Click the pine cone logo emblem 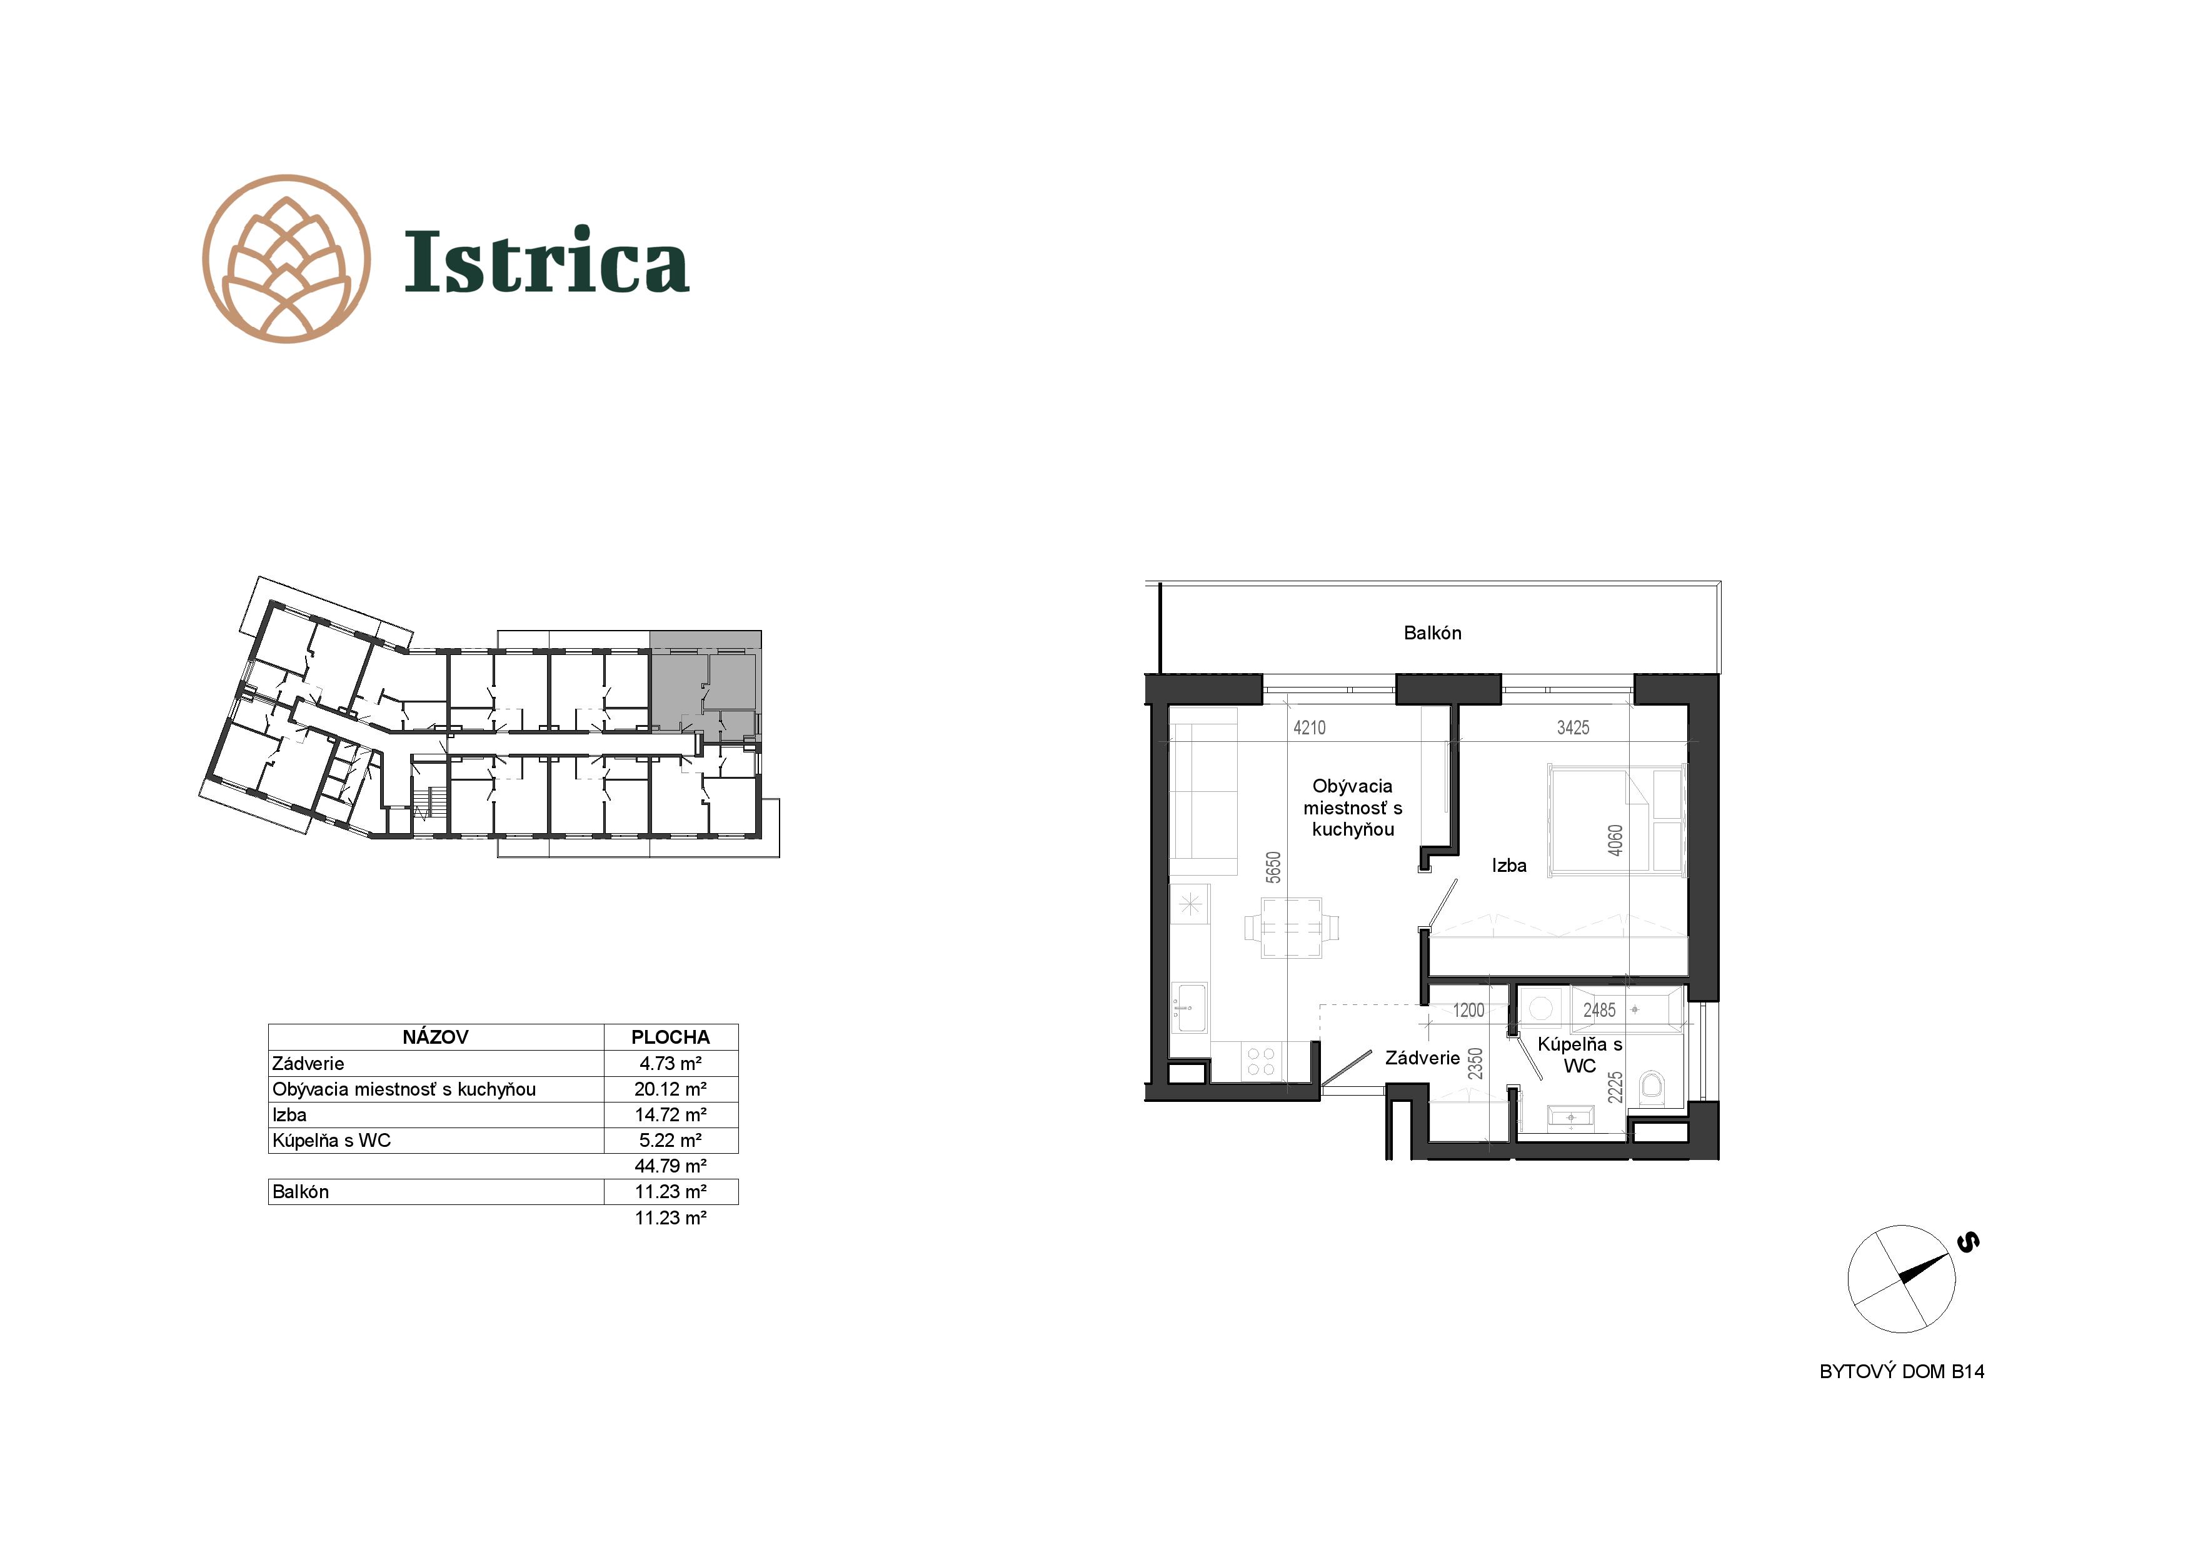[286, 259]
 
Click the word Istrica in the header [546, 260]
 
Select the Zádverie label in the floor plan [1422, 1058]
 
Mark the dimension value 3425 [1573, 727]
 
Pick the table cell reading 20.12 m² [671, 1089]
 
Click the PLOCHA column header [671, 1037]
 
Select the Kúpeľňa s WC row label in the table [331, 1140]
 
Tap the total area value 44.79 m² [671, 1166]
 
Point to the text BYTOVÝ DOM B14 [1902, 1371]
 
